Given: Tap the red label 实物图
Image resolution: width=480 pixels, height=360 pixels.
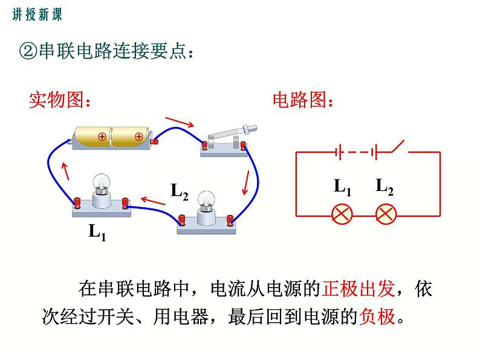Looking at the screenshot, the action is (59, 100).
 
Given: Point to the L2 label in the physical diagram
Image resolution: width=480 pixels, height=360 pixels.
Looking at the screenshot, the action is (180, 191).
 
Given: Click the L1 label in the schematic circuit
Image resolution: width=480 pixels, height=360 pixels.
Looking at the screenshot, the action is (343, 186).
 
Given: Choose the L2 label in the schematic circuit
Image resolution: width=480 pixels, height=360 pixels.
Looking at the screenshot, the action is (385, 186).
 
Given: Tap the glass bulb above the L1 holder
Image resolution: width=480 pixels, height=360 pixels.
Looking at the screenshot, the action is (100, 182).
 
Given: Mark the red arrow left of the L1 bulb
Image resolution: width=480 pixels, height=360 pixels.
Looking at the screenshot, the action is (65, 172).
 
